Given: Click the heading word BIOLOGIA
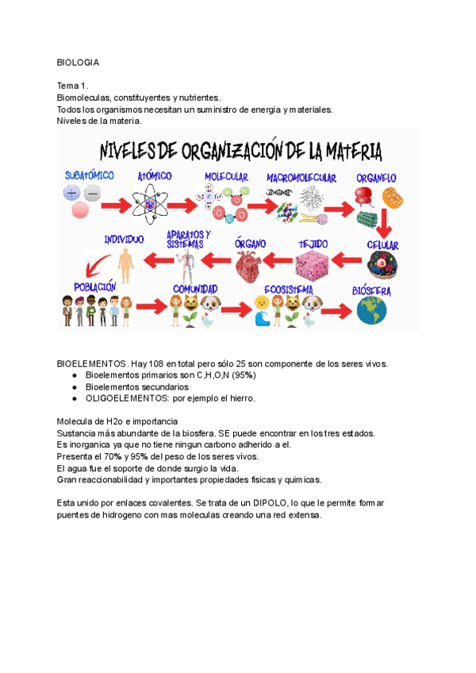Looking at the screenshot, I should [78, 61].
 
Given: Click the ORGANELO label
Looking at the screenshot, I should [376, 179].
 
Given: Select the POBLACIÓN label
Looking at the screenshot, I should [95, 287].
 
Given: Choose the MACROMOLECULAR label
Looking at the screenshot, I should [301, 178].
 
